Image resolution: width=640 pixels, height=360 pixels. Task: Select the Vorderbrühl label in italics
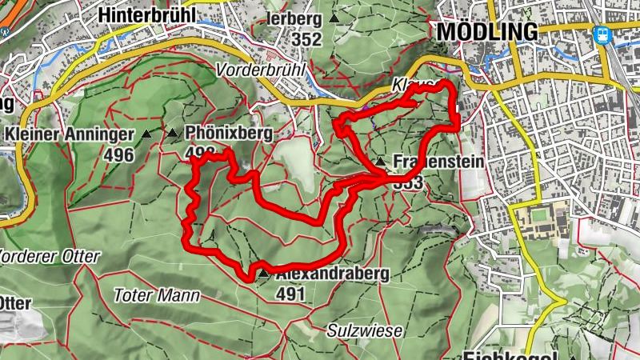[x=261, y=70]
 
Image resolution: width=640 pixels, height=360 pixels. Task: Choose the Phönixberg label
[x=228, y=134]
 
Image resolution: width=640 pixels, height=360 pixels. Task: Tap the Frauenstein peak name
[x=438, y=162]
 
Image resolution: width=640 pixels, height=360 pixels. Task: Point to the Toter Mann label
[x=157, y=295]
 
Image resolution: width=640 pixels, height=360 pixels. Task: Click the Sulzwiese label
[x=364, y=330]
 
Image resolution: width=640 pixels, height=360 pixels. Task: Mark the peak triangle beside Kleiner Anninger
[x=147, y=134]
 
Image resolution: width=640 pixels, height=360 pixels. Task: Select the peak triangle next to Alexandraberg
[x=263, y=274]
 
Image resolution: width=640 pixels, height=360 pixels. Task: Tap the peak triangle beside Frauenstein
[x=381, y=162]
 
